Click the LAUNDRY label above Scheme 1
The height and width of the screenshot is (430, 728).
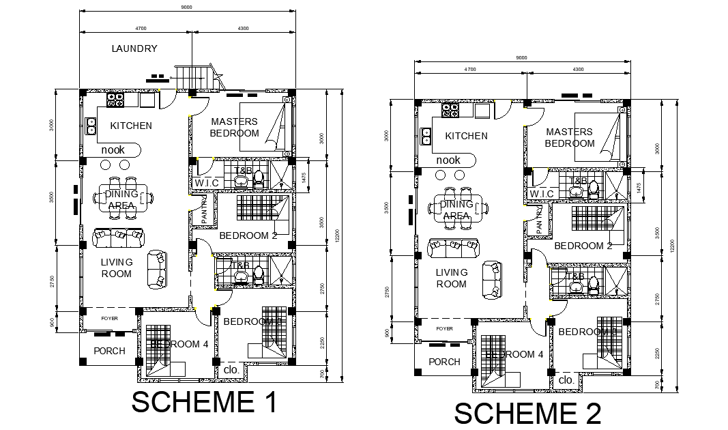point(134,48)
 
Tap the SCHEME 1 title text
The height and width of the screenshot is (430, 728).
point(204,402)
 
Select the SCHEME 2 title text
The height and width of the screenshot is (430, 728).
point(527,414)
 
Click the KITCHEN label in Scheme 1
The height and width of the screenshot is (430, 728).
point(131,126)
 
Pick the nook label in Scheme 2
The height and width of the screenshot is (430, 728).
point(448,160)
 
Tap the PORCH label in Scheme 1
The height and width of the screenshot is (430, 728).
point(109,351)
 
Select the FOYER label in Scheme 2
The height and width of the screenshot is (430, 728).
point(444,329)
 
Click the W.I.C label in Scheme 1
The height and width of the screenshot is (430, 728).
point(206,183)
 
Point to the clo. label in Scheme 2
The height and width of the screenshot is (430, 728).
point(566,379)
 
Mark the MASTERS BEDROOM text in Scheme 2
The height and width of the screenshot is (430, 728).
point(569,138)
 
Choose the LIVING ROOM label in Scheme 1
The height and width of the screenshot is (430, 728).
point(116,268)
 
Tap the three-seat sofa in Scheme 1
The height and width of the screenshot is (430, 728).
point(119,238)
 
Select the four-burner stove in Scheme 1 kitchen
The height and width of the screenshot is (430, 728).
point(115,100)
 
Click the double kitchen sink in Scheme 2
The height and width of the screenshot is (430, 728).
point(428,136)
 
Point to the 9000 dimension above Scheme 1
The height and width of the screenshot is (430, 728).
point(186,8)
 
